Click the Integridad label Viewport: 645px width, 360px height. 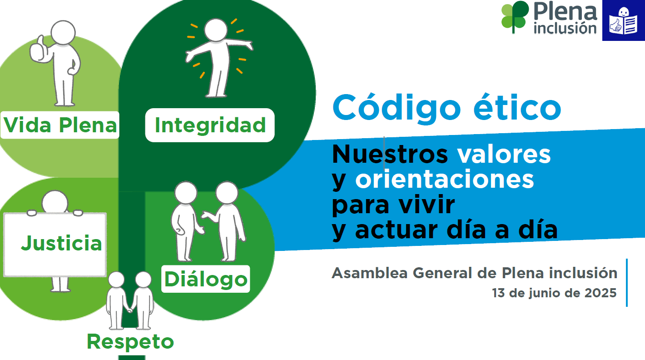210,125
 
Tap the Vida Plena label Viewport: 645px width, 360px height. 60,125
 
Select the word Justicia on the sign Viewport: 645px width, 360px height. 62,244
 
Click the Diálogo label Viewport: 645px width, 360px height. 206,279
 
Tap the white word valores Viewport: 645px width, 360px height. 504,154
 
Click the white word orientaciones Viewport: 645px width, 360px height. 445,179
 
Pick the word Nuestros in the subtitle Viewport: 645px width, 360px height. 390,154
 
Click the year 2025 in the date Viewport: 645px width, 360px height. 600,293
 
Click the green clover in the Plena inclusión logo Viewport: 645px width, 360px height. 515,17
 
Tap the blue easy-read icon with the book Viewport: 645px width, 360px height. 623,20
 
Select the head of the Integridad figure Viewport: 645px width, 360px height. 216,30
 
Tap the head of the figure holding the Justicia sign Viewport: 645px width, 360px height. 55,202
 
